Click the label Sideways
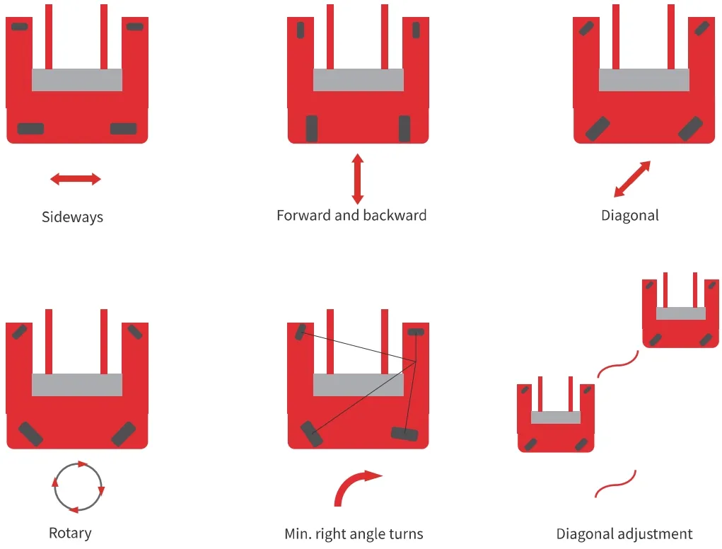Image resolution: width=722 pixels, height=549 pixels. point(72,217)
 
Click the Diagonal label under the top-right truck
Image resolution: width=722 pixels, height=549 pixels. point(630,216)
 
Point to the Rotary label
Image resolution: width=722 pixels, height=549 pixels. point(70,533)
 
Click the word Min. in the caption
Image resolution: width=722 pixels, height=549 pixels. point(298,534)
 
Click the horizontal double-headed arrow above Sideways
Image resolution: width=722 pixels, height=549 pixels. point(76,179)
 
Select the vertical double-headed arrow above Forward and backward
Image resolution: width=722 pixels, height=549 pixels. point(358,179)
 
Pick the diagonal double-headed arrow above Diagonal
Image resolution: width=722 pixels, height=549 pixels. point(632,179)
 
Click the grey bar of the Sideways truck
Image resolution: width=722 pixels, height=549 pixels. point(77,80)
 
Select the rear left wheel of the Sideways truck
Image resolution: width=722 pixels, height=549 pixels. point(30,129)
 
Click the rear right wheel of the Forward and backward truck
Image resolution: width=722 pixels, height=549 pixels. point(404,129)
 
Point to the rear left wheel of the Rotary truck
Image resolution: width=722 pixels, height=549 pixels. point(30,434)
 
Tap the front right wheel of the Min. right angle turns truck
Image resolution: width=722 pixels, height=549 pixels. point(416,332)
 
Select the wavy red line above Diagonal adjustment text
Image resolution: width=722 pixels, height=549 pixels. point(616,484)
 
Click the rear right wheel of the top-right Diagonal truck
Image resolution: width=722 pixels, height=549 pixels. point(690,129)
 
